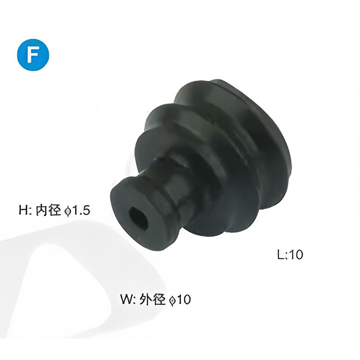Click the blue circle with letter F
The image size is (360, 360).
(33, 55)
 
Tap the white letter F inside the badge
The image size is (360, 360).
(33, 55)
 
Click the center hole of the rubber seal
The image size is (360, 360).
(139, 218)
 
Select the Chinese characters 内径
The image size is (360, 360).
(49, 210)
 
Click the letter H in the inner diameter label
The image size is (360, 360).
(23, 210)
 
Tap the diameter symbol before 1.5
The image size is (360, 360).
(67, 211)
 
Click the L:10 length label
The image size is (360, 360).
(290, 254)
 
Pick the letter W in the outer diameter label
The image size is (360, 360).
(126, 299)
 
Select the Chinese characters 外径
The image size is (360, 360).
(153, 299)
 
